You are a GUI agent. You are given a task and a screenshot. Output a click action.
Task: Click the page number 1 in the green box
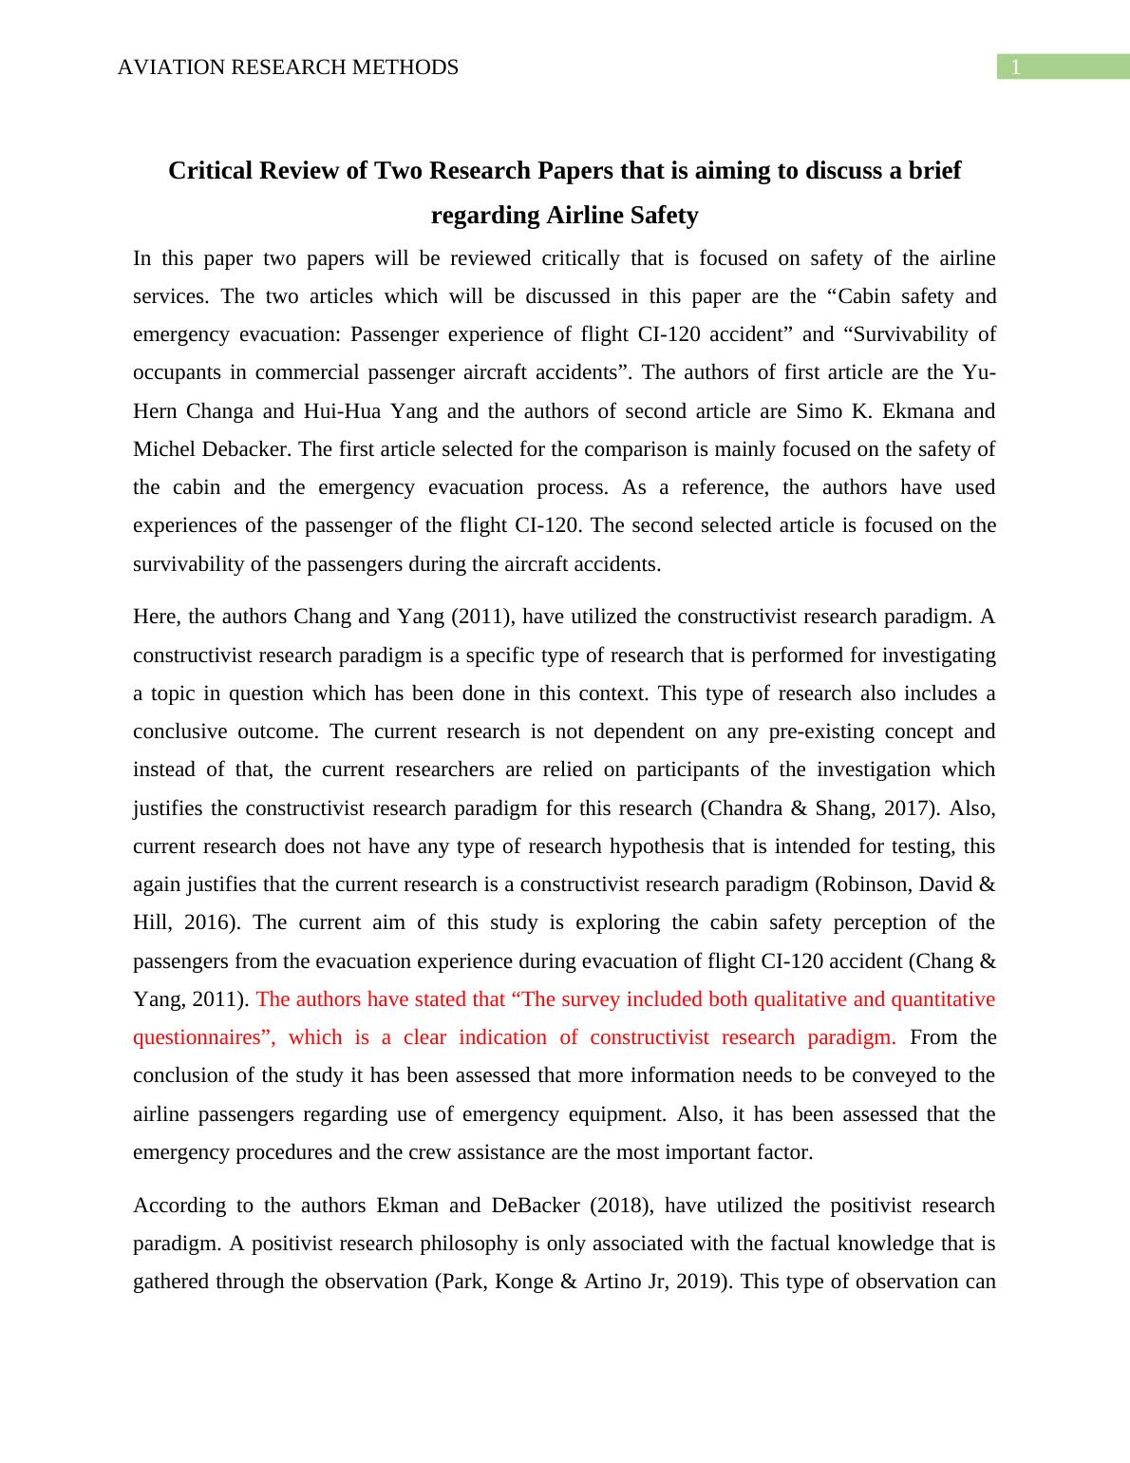tap(1016, 67)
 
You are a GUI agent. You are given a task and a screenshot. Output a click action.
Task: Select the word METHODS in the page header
tap(414, 67)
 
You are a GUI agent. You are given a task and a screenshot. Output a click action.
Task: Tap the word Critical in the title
tap(210, 171)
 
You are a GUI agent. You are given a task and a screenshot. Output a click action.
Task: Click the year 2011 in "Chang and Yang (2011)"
tap(481, 617)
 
